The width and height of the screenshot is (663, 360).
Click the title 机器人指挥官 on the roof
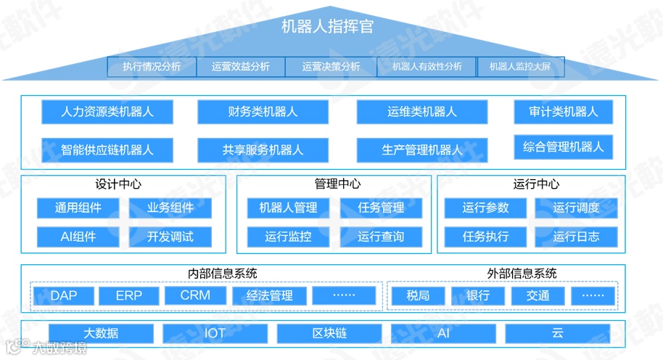[x=328, y=27]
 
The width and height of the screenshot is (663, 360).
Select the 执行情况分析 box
[x=152, y=67]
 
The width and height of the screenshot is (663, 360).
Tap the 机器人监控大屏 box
[x=520, y=67]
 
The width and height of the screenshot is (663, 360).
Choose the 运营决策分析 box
[x=331, y=67]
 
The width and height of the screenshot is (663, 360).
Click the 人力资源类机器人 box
[x=107, y=112]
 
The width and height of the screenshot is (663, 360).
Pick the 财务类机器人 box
[x=263, y=112]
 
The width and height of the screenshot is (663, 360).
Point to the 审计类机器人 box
[x=564, y=112]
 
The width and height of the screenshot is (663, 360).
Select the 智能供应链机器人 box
[x=107, y=150]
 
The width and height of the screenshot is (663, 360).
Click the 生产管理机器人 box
[x=422, y=150]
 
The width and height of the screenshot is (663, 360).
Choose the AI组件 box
[x=78, y=237]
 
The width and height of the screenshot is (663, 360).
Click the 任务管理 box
[x=381, y=208]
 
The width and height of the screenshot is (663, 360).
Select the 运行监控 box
[x=288, y=237]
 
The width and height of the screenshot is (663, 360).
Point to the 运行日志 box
[x=576, y=237]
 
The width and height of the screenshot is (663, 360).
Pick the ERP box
[x=128, y=295]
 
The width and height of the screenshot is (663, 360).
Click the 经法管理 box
[x=269, y=295]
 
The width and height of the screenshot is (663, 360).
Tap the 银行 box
[x=478, y=295]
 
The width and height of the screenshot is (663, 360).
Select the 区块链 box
[x=329, y=333]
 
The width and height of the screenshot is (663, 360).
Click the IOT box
[x=215, y=333]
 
